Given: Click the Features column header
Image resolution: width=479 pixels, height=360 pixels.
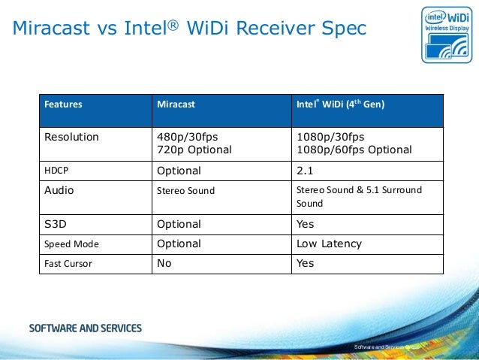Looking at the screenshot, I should point(64,104).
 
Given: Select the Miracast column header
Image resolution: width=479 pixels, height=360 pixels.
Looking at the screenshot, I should point(175,104).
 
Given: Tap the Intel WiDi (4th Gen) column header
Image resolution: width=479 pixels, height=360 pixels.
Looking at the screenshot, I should point(341,104).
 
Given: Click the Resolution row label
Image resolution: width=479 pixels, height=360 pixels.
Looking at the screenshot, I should point(71,137).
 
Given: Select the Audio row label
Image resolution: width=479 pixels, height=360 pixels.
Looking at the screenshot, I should point(59,190).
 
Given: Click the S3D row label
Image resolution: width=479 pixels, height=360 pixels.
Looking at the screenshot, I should point(56,224).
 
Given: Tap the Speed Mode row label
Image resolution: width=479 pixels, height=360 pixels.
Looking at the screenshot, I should point(71,244).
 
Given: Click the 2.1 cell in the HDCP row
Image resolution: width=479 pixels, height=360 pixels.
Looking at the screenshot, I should point(306,171).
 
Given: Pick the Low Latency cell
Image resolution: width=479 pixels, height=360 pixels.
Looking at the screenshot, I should point(329,244).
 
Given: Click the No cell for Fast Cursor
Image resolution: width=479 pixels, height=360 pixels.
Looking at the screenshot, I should point(163,263).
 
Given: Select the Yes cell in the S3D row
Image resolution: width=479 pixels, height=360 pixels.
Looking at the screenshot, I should point(306,224).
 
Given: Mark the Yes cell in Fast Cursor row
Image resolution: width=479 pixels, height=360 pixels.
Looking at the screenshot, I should point(306,263).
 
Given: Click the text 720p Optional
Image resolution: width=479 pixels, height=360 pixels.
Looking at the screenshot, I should point(194,150).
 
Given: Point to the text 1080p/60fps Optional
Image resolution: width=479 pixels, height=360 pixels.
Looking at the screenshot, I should point(354,150).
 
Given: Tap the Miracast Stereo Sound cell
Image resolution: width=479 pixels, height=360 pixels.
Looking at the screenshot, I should point(185,191).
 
